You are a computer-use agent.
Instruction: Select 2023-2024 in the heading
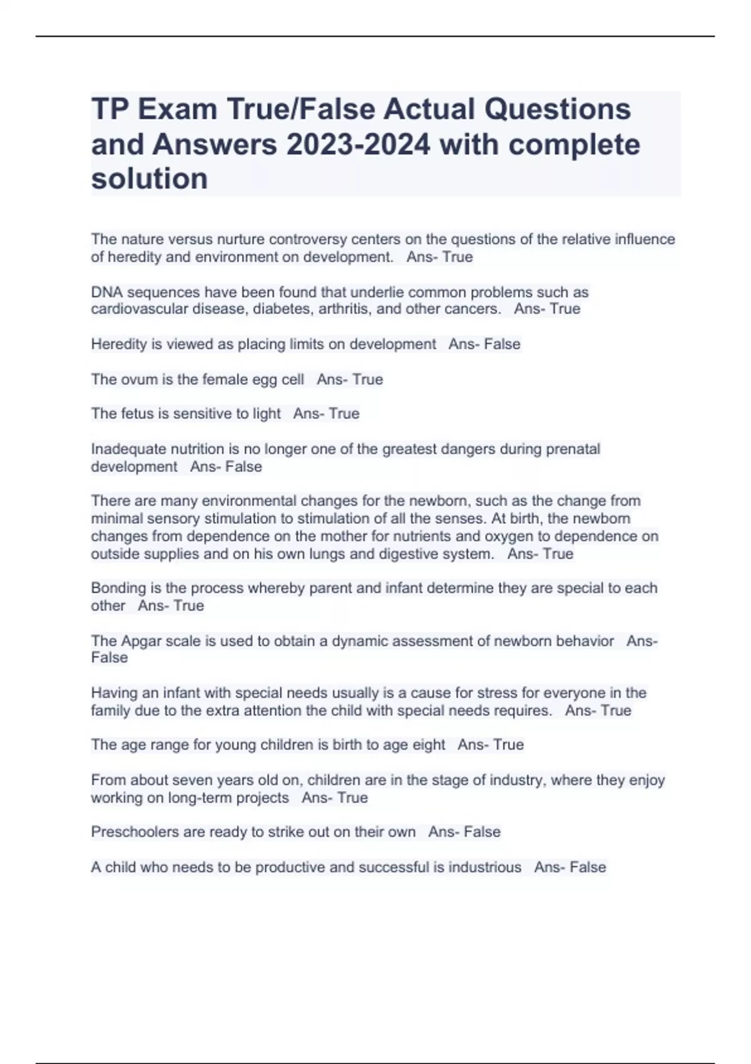coord(359,145)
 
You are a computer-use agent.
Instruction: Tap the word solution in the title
coord(150,179)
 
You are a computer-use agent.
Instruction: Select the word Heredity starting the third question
coord(118,344)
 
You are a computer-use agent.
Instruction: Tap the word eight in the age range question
coord(429,745)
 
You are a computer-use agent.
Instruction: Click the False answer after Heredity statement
coord(502,344)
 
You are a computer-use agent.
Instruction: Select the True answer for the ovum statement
coord(368,379)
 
